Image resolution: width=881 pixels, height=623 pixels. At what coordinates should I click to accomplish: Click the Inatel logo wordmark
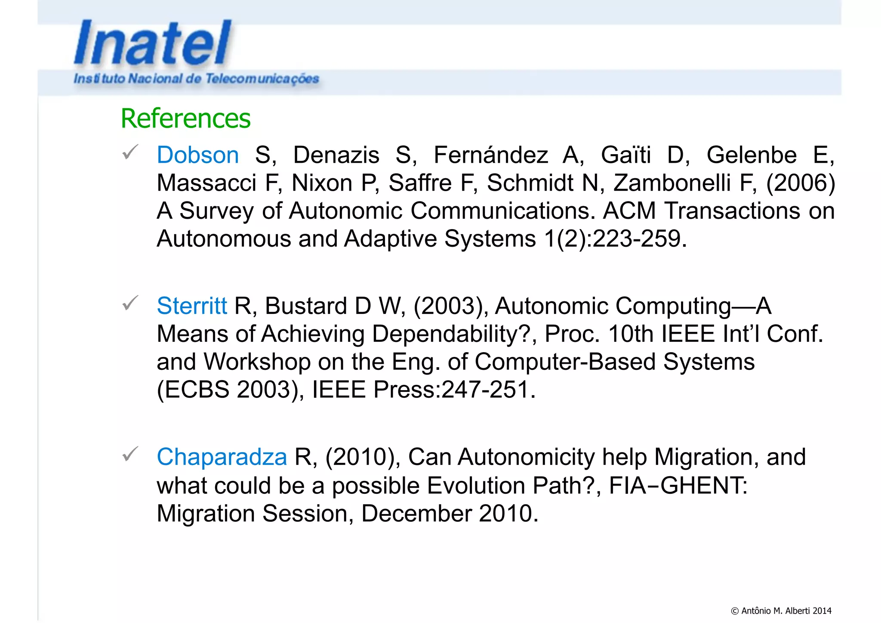click(x=153, y=43)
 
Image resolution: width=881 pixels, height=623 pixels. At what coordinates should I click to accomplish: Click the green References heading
click(x=185, y=118)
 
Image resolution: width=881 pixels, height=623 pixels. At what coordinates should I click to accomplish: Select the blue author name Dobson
click(x=197, y=155)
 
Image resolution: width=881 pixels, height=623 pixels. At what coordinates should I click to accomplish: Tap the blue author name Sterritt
click(x=191, y=306)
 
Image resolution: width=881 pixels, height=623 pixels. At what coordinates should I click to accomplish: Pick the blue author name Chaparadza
click(x=222, y=457)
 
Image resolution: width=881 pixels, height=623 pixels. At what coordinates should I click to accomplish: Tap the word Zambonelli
click(x=672, y=183)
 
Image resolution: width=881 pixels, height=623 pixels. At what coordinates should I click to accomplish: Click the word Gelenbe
click(x=751, y=155)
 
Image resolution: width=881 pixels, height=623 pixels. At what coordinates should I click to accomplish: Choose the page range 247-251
click(x=485, y=390)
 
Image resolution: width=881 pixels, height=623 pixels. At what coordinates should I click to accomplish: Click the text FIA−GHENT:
click(x=678, y=486)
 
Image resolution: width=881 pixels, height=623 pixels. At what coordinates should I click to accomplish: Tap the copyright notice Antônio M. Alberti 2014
click(x=781, y=611)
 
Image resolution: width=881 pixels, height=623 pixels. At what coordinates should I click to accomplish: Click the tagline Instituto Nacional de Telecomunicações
click(x=196, y=79)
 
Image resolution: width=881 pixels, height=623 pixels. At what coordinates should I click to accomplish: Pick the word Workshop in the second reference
click(x=257, y=362)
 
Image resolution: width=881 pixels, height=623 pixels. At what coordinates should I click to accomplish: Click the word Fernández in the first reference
click(x=490, y=155)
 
